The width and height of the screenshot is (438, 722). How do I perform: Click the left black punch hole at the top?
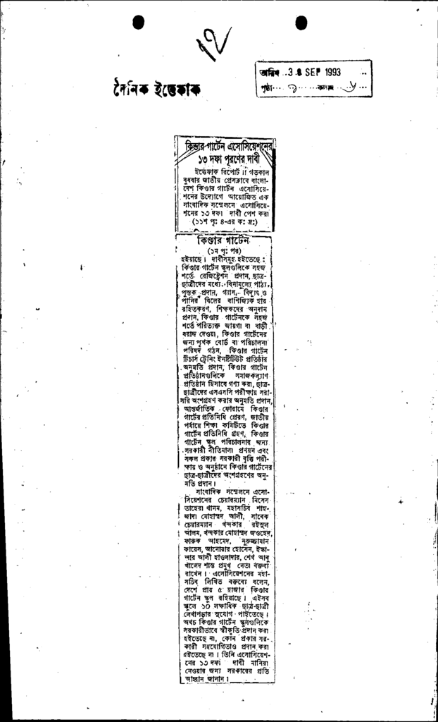coord(139,23)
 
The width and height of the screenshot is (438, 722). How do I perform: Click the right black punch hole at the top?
coord(301,23)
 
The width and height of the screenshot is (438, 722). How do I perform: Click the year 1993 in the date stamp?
coord(328,72)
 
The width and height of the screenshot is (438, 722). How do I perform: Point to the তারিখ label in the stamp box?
coord(270,73)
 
